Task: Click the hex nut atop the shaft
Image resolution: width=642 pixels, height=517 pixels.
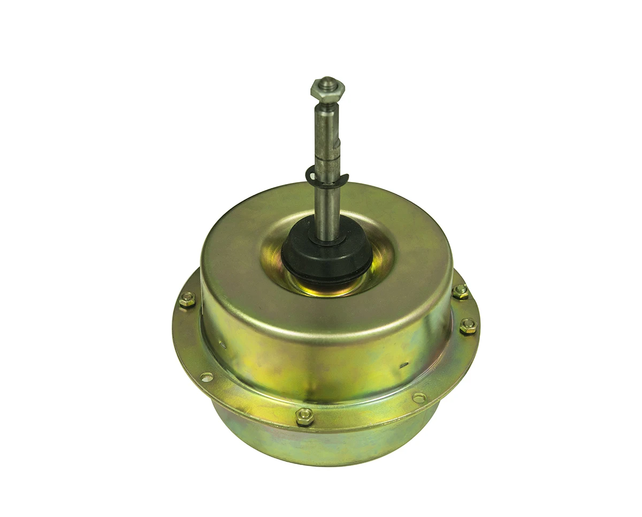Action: click(x=327, y=89)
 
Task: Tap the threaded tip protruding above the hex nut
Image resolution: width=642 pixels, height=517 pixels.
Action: click(x=327, y=81)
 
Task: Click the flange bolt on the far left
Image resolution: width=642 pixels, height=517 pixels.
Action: click(x=187, y=300)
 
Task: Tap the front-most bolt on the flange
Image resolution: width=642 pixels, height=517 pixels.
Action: click(x=304, y=416)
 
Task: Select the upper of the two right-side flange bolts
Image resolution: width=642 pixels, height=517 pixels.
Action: click(x=460, y=291)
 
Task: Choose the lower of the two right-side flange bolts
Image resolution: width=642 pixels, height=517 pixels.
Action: click(x=468, y=325)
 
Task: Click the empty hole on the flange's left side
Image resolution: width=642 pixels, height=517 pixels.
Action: click(x=207, y=377)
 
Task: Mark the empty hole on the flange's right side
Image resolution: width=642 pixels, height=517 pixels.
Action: click(x=419, y=398)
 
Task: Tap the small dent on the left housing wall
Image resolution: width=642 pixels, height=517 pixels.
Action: click(x=223, y=345)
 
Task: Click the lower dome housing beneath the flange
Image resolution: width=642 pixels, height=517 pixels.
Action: click(x=321, y=444)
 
